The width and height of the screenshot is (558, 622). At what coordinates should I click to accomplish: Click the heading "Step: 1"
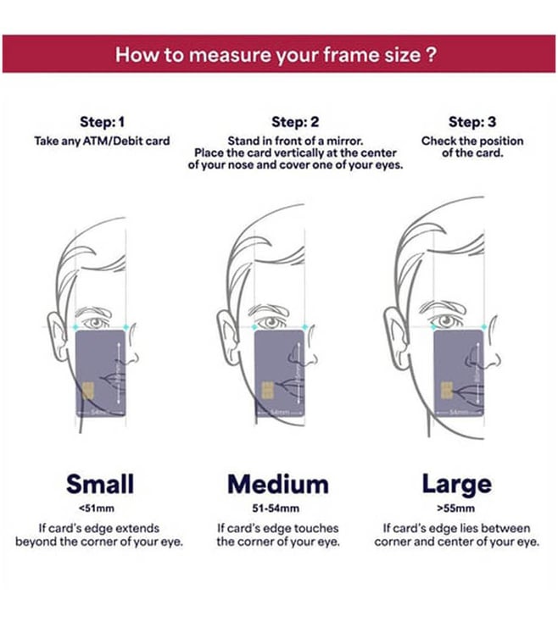tap(103, 122)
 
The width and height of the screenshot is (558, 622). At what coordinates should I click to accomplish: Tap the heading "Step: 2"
tap(295, 122)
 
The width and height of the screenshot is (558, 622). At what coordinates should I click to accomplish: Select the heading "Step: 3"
tap(472, 122)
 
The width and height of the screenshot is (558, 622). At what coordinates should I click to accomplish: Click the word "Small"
tap(100, 484)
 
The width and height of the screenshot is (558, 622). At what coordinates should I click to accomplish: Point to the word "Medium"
tap(278, 485)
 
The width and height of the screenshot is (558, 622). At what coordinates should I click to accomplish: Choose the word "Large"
tap(457, 485)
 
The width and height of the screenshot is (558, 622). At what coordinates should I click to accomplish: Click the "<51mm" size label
tap(97, 508)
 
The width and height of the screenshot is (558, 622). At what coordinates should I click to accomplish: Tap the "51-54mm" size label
tap(276, 508)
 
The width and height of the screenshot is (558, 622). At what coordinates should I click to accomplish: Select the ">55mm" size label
tap(455, 508)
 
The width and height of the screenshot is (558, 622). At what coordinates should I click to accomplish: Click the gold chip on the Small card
tap(88, 391)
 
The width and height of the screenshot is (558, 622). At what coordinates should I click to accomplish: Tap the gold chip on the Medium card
tap(267, 391)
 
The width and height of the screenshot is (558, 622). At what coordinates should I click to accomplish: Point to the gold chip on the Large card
tap(447, 391)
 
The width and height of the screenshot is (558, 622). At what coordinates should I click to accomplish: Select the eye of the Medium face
tap(271, 322)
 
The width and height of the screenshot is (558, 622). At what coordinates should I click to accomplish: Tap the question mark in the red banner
tap(432, 54)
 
